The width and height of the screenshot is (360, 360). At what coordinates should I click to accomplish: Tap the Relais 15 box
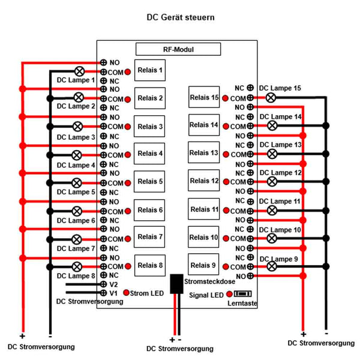coord(204,97)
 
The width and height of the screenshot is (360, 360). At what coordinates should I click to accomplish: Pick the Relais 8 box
coord(150,265)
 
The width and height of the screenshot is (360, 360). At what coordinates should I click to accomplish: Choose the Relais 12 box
coord(204,181)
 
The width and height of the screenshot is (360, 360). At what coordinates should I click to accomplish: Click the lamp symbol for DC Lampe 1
coord(79,70)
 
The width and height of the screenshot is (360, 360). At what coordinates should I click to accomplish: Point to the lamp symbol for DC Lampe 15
coord(271,97)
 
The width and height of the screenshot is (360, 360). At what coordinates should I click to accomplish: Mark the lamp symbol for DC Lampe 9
coord(271,266)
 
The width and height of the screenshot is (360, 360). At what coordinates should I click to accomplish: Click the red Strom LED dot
coord(127,292)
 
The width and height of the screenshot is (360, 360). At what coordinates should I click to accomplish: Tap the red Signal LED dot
coord(229,295)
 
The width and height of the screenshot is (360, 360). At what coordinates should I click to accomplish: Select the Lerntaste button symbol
coord(242,295)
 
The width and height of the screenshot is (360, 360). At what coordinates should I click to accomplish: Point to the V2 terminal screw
coord(103,284)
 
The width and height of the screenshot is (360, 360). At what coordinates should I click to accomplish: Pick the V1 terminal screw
coord(103,292)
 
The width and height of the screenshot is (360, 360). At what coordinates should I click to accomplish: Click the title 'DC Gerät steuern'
coord(180,17)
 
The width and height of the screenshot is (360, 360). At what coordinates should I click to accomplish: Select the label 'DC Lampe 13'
coord(280,145)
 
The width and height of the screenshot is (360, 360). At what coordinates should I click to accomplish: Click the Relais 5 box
coord(150,181)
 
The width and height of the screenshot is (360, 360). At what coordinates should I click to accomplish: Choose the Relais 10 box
coord(204,238)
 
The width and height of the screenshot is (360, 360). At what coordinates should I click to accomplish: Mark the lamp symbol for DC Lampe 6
coord(77,211)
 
